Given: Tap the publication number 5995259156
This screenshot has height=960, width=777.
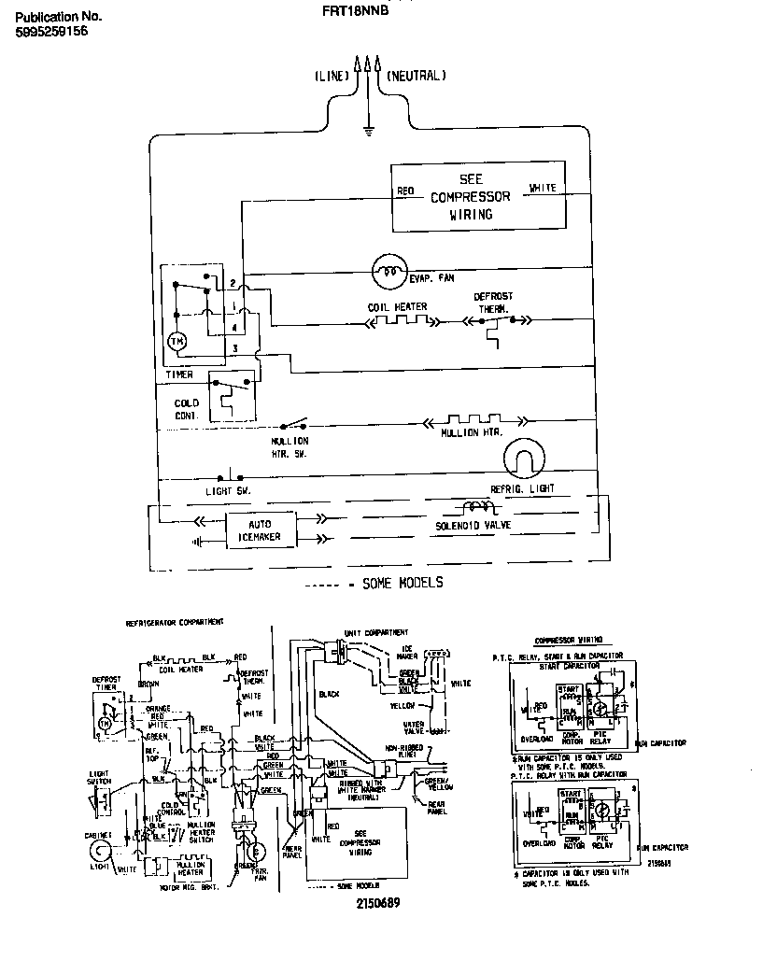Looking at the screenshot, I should point(52,31).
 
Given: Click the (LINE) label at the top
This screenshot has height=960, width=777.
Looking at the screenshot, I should point(331,76).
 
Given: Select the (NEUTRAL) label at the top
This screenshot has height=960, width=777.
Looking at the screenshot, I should point(417,76).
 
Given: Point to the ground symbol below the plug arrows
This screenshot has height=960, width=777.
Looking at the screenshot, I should point(369,130).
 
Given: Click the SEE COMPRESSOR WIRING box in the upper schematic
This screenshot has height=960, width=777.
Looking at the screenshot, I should point(476,197).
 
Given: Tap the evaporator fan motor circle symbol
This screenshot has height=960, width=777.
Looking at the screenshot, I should point(385,272).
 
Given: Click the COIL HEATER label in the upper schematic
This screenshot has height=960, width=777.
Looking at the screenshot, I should point(397,306).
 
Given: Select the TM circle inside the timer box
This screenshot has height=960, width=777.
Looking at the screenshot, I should point(177,343).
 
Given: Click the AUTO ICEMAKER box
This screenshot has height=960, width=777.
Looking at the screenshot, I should point(261,529).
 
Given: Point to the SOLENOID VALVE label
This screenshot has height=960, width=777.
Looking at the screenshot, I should point(474,526).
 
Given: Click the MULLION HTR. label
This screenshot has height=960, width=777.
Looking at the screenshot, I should point(472,433).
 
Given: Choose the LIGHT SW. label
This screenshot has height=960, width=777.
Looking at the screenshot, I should point(229,490).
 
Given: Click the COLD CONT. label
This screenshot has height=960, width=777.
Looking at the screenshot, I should point(188,409).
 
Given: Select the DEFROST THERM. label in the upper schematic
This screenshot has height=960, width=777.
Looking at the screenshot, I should point(493,303).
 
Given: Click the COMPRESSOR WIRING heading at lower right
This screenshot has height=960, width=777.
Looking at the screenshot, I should point(567,640).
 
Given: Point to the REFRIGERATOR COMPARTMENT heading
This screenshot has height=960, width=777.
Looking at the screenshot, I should point(175,622).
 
